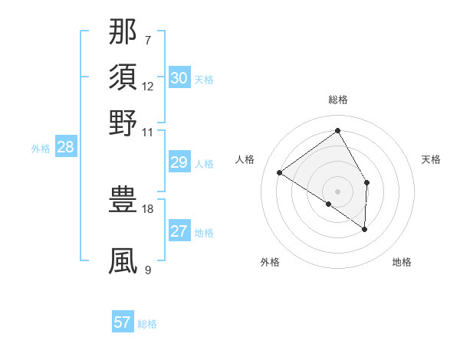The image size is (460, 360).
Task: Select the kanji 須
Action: tap(123, 79)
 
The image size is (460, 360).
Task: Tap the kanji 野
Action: tap(123, 122)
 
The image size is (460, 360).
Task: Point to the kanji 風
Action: tap(123, 261)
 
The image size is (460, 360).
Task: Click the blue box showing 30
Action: tap(179, 78)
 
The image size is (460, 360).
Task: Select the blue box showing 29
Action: tap(179, 162)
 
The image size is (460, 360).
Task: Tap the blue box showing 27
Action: tap(179, 231)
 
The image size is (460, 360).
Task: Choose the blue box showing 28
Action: tap(66, 148)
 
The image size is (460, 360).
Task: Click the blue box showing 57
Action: tap(123, 322)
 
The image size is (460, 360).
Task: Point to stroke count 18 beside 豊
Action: tap(148, 208)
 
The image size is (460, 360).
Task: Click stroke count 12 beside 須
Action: tap(148, 86)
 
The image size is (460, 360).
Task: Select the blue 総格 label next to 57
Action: tap(147, 324)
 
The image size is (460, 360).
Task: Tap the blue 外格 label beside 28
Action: tap(41, 149)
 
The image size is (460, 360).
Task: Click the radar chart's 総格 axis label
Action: tap(337, 100)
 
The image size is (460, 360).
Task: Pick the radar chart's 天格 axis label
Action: tap(431, 159)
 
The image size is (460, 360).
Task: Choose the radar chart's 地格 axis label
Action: tap(402, 263)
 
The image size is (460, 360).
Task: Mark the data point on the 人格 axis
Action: tap(280, 172)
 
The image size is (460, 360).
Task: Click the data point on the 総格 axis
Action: tap(337, 130)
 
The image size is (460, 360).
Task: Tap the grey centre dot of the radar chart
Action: tap(337, 191)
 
